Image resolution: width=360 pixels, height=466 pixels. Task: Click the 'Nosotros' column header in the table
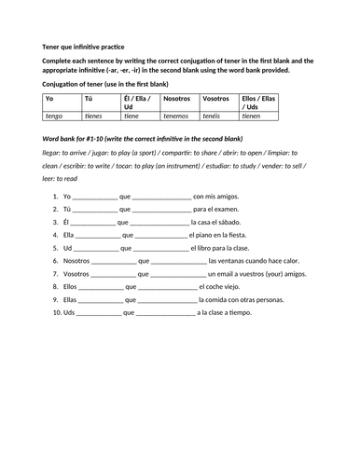(x=176, y=98)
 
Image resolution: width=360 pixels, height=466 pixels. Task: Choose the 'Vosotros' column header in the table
(x=215, y=98)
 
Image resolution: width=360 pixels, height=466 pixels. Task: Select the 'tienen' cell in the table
(x=252, y=116)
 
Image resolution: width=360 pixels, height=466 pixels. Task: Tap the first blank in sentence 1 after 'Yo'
(x=95, y=198)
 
